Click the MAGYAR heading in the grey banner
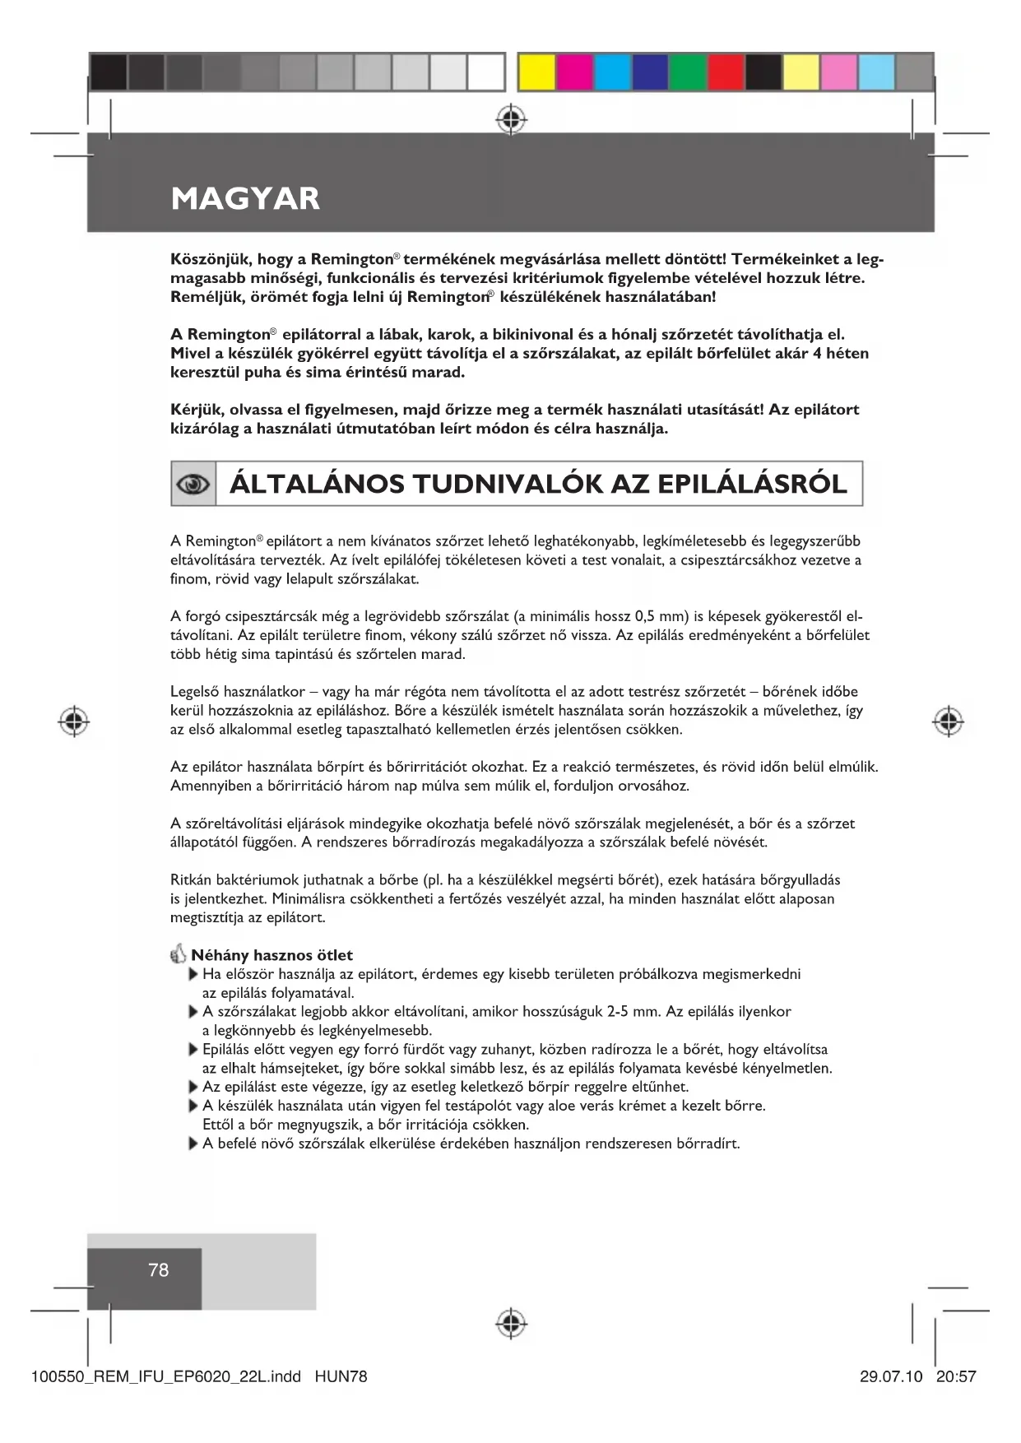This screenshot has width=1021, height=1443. (x=245, y=198)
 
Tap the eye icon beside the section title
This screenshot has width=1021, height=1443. (x=193, y=485)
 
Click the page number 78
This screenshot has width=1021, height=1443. (x=158, y=1270)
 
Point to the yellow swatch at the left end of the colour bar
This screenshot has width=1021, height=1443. (x=536, y=72)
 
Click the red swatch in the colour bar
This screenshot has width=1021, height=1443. (x=726, y=72)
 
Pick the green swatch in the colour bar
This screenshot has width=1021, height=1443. (x=687, y=72)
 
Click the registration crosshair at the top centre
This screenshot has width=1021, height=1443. (x=511, y=120)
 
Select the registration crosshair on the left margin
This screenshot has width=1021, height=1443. (x=74, y=721)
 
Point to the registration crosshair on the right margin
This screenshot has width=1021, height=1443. (x=948, y=721)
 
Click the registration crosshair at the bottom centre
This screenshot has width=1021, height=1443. (x=511, y=1323)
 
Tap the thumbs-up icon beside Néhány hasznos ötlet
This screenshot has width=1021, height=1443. (x=179, y=955)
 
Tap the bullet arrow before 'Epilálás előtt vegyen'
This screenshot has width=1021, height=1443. (x=193, y=1050)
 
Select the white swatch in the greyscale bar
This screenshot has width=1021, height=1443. (x=485, y=72)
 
